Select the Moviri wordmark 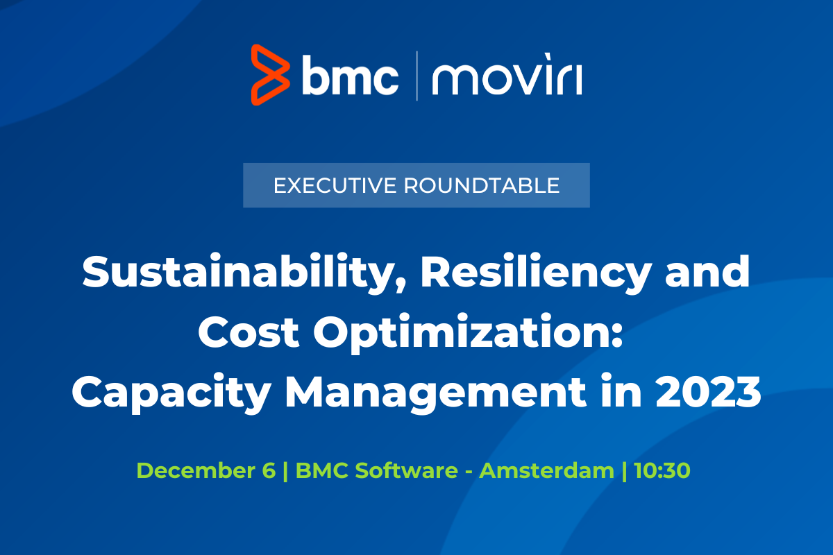pos(507,77)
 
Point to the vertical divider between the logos pos(416,76)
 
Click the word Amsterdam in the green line pos(548,470)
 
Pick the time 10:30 pos(661,470)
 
